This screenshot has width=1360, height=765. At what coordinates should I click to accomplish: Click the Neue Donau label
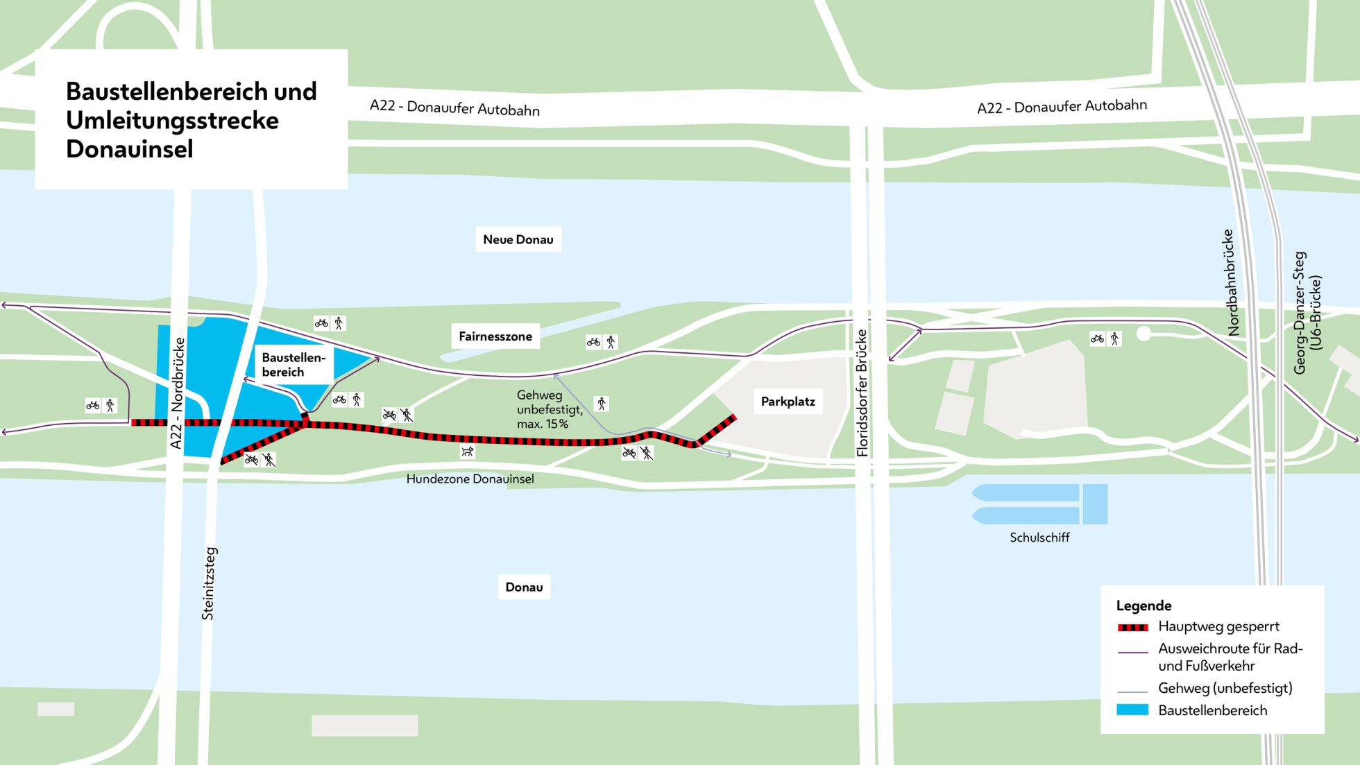point(518,239)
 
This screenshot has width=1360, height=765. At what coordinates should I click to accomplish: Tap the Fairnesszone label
point(495,336)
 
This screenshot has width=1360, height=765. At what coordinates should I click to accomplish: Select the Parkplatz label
point(788,402)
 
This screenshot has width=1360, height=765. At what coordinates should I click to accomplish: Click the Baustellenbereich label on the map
point(293,365)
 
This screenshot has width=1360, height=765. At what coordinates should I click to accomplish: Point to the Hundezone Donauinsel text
point(470,479)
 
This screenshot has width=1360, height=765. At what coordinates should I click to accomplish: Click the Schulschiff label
point(1039,538)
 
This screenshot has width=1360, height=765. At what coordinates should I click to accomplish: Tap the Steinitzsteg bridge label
point(209,583)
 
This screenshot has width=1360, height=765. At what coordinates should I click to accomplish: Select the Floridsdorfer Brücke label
point(862,393)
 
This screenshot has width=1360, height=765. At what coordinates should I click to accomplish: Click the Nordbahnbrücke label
point(1228,282)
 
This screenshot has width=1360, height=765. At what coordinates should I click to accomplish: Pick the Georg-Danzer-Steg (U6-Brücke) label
point(1307,312)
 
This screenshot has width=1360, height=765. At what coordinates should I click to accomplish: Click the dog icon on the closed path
point(468,452)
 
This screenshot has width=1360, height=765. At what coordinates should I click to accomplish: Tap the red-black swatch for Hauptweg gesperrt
point(1132,628)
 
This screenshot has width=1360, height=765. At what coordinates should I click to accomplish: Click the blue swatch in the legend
point(1132,710)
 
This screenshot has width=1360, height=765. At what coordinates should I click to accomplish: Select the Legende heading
point(1144,605)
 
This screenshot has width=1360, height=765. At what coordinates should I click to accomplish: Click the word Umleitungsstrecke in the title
point(172,121)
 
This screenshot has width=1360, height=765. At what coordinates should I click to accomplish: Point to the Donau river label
point(524,587)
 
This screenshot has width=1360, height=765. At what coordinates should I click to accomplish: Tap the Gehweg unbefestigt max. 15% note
point(549,409)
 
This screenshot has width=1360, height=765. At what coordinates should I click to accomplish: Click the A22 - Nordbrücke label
point(178,393)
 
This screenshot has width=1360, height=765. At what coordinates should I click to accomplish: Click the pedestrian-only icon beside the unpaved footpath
point(602,404)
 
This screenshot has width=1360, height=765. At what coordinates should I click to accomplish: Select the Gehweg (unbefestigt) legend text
point(1225,688)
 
